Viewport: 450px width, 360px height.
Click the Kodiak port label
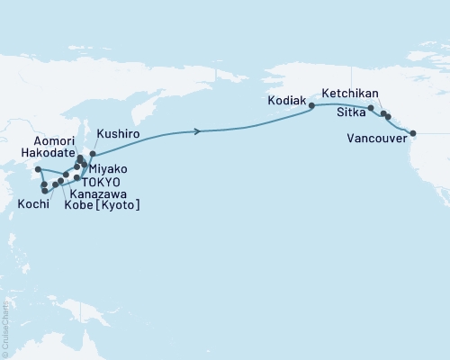[287, 101]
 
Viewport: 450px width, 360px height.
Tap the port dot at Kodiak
[312, 106]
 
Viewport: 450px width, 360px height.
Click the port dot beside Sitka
[371, 108]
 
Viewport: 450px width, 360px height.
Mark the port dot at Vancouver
[413, 133]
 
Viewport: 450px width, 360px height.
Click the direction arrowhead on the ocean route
[197, 132]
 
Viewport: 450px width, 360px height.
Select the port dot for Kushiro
[93, 154]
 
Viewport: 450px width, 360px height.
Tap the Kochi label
[32, 204]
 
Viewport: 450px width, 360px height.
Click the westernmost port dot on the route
[38, 169]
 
